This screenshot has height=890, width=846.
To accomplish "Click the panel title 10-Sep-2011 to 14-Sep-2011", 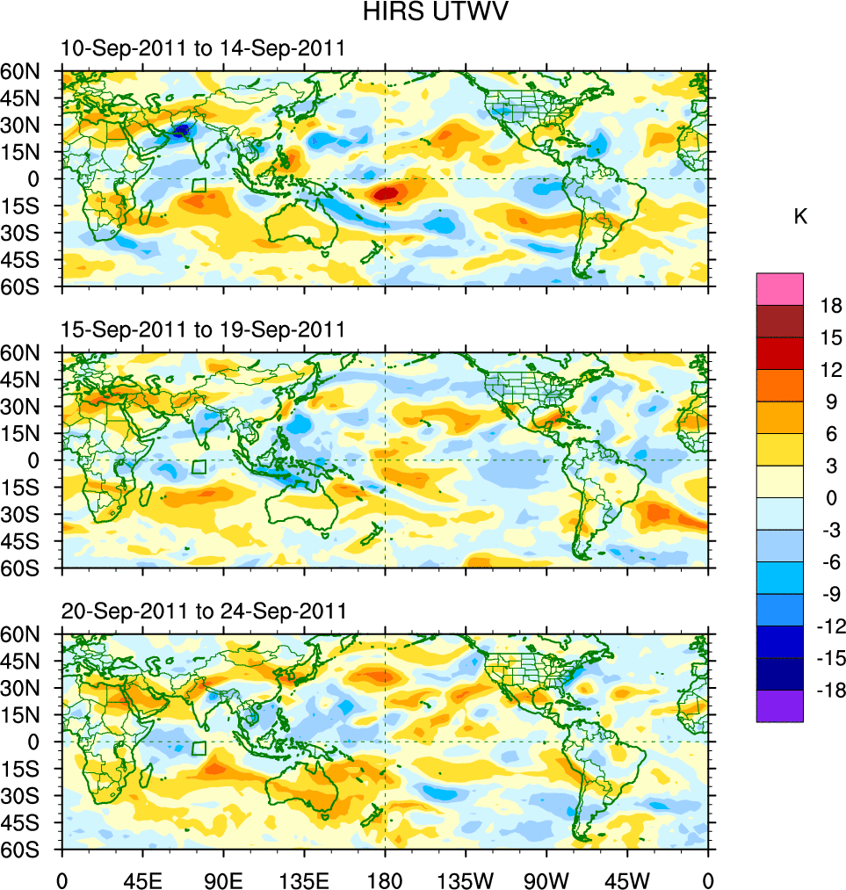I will tap(203, 48).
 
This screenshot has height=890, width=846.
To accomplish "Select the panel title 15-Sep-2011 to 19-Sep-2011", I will tap(203, 329).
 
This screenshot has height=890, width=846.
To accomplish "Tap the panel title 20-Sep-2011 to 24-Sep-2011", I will tap(203, 611).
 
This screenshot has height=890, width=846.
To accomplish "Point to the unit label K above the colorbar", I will tap(800, 217).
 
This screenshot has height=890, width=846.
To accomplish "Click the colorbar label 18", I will tap(831, 306).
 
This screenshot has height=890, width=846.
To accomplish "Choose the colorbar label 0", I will tap(831, 498).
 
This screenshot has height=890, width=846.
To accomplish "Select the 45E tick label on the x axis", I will tap(142, 879).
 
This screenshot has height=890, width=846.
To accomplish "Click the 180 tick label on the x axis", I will tap(385, 879).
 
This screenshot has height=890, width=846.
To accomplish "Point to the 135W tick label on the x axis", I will tap(466, 879).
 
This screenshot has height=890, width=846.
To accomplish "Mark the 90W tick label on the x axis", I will tap(546, 879).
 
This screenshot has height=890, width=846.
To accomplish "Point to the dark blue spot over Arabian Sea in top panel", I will tap(181, 130).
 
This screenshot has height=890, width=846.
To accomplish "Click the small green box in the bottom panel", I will tap(199, 749).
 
